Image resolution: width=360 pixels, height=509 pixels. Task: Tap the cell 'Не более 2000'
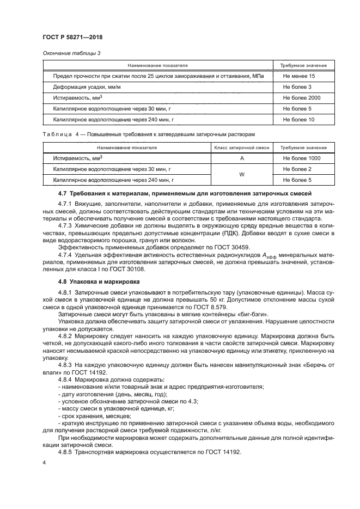(x=301, y=98)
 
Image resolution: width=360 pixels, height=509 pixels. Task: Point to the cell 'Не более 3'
(x=297, y=87)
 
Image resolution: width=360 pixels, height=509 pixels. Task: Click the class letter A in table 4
(x=241, y=158)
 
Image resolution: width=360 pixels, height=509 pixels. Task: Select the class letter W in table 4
(x=241, y=174)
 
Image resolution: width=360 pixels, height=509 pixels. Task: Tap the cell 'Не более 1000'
(x=301, y=158)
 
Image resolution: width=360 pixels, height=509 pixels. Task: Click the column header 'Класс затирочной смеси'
(x=241, y=148)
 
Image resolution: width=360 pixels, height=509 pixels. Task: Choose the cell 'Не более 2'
(x=297, y=169)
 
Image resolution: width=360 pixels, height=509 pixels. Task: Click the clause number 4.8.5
(x=66, y=452)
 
